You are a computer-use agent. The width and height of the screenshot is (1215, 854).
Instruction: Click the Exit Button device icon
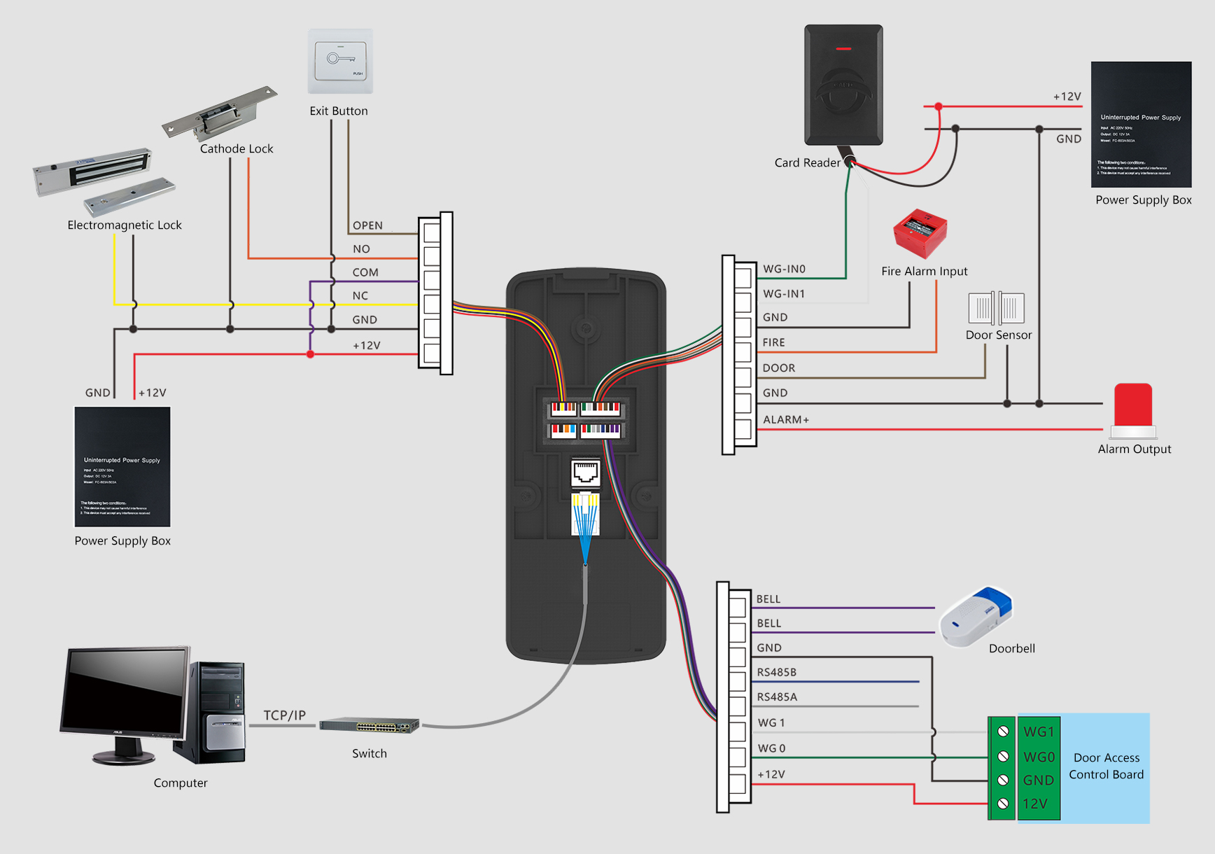coord(340,62)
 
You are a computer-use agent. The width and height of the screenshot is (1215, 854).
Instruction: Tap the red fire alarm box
coord(920,233)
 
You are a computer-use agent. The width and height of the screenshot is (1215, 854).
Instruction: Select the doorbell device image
coord(976,617)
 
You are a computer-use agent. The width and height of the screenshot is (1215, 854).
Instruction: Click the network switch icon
coord(369,726)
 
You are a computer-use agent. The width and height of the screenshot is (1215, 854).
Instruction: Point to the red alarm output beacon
coord(1133,405)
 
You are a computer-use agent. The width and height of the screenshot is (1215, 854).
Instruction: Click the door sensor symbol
coord(996,307)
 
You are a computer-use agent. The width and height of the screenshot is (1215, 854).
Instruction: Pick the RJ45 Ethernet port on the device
coord(586,473)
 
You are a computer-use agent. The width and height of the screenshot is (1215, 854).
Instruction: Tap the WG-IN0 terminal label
coord(784,269)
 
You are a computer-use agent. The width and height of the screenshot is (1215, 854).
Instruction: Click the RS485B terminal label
coord(776,672)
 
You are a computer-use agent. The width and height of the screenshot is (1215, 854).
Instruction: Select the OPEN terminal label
coord(367,225)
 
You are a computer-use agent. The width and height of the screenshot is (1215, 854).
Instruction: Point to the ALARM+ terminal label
coord(785,419)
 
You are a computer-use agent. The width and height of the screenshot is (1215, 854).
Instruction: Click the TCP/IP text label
coord(284,715)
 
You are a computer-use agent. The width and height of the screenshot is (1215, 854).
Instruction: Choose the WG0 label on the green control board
coord(1039,757)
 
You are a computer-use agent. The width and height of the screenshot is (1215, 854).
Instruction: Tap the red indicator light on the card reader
coord(843,49)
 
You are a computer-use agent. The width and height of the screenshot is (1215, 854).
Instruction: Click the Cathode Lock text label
coord(237,148)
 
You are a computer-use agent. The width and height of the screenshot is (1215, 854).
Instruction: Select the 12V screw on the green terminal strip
coord(1003,803)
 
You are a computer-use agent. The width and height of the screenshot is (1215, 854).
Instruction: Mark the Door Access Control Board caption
coord(1106,766)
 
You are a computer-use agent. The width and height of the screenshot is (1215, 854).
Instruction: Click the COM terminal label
coord(365,272)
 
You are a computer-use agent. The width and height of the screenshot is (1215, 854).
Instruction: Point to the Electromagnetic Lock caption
coord(125,225)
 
